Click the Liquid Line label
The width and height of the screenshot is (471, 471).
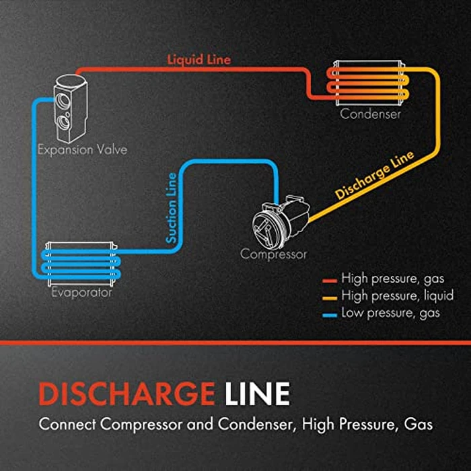(198, 60)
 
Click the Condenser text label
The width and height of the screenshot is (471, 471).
(370, 114)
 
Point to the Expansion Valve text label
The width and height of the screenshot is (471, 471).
(82, 149)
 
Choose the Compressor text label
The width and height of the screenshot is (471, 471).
(274, 254)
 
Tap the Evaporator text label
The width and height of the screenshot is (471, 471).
(82, 293)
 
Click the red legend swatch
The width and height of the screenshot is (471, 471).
(329, 279)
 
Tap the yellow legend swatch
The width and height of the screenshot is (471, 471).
(329, 296)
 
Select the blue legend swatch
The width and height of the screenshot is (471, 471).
(329, 314)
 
